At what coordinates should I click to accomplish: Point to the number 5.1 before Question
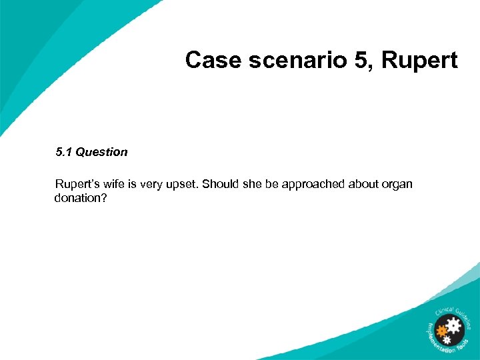(64, 152)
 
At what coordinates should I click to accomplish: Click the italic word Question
(101, 152)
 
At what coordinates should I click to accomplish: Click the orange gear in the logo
(441, 331)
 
